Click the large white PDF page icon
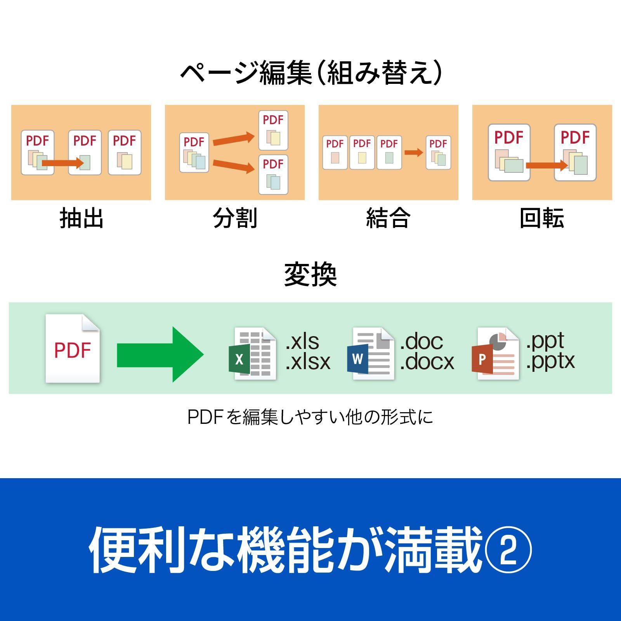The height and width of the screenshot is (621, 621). tap(73, 349)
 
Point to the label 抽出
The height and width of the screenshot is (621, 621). tap(81, 218)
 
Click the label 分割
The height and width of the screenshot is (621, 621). tap(235, 218)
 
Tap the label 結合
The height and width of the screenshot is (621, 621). tap(388, 218)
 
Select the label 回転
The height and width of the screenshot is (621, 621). tap(542, 218)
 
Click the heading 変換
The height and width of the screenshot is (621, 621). tap(310, 275)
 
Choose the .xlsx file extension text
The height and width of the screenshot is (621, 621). tap(308, 362)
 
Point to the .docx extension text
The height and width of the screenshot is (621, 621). tap(427, 362)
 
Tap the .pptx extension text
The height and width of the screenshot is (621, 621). tap(550, 361)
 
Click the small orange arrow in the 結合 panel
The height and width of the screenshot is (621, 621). tap(414, 152)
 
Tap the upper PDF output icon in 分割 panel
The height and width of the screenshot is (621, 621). tap(273, 130)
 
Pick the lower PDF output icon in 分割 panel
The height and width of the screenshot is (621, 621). tap(273, 175)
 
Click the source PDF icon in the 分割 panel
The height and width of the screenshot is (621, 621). tap(194, 153)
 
